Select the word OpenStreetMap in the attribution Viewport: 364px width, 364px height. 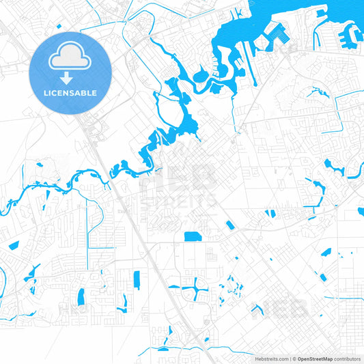[315, 359]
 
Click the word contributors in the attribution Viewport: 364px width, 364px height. [347, 359]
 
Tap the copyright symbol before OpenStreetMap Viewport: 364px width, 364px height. [294, 359]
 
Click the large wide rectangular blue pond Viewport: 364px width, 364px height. [193, 236]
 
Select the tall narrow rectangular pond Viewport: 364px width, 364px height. [136, 279]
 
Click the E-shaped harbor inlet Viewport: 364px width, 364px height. [277, 34]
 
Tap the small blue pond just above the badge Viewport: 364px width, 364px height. [59, 27]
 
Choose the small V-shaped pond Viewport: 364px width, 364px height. [257, 309]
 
